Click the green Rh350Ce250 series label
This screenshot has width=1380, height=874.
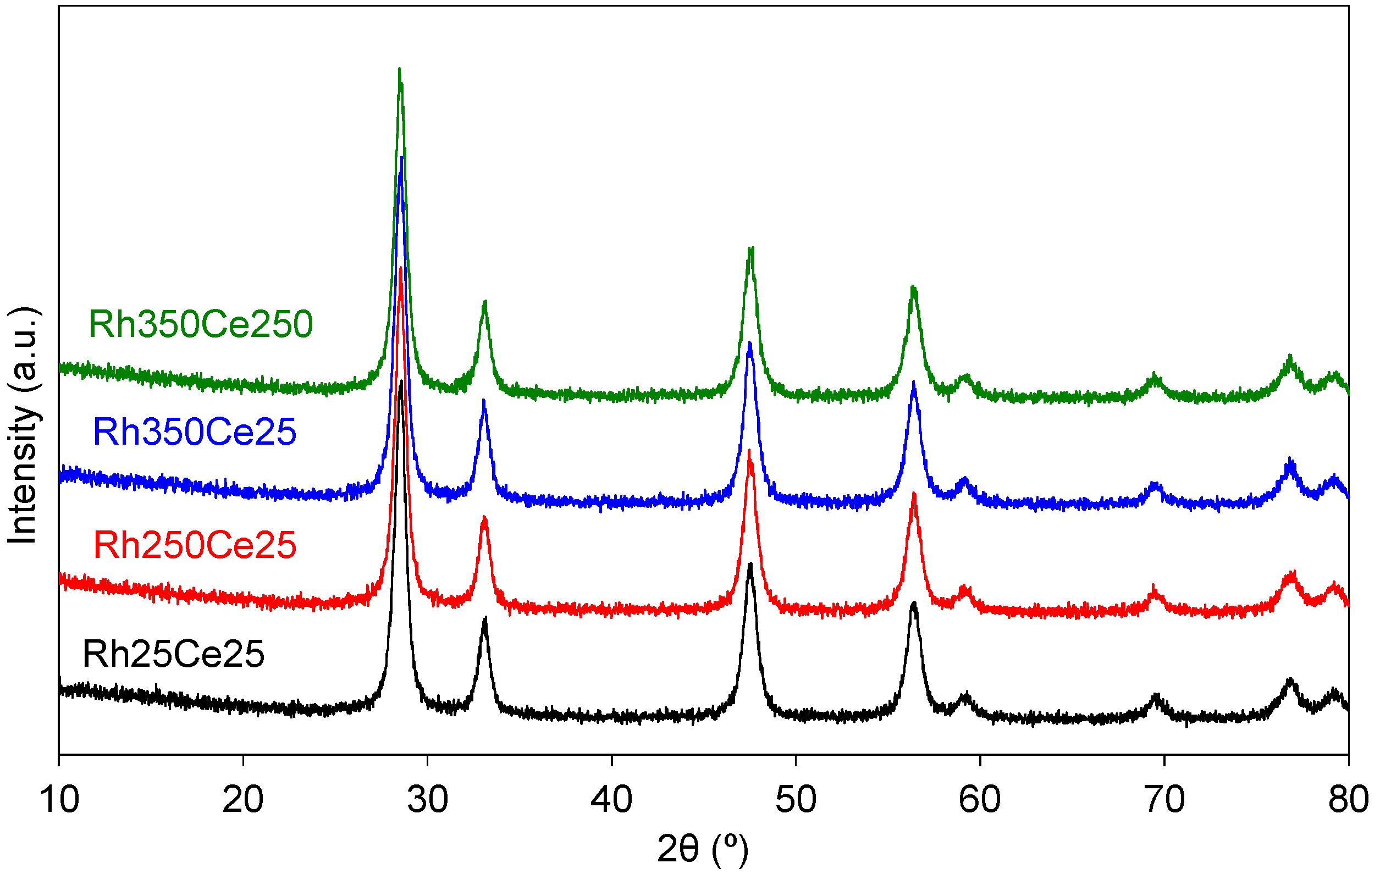pyautogui.click(x=201, y=324)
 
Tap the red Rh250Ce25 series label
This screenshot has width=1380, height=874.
pyautogui.click(x=195, y=545)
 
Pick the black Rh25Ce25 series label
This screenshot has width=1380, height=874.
pyautogui.click(x=174, y=654)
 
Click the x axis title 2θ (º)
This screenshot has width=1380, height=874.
pyautogui.click(x=703, y=849)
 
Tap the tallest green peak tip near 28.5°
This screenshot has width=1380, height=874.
pyautogui.click(x=400, y=69)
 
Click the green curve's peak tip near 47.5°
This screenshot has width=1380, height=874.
pyautogui.click(x=750, y=248)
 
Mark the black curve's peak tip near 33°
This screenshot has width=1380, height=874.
pyautogui.click(x=485, y=618)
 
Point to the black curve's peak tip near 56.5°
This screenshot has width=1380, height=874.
pyautogui.click(x=914, y=603)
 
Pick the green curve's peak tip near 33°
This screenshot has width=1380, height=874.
pyautogui.click(x=485, y=301)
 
